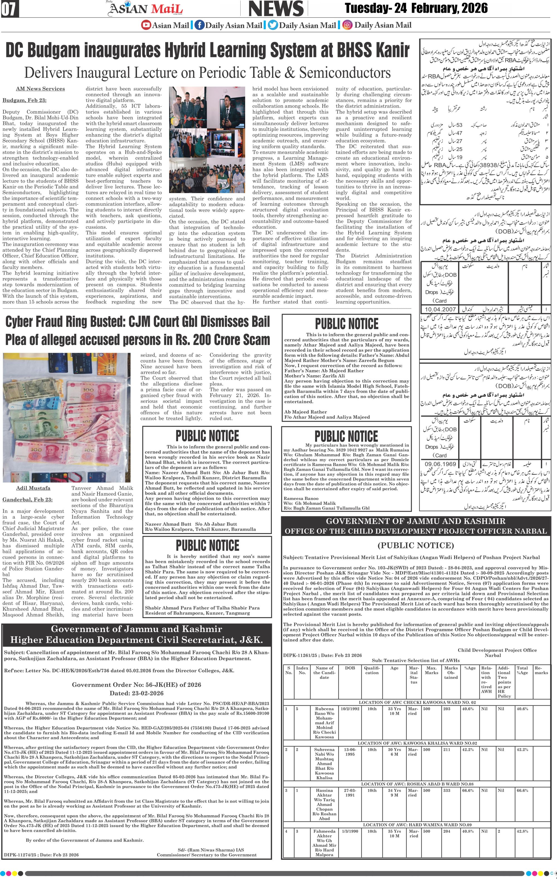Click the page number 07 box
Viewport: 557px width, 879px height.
(x=10, y=9)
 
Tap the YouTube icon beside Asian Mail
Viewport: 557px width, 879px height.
(x=146, y=25)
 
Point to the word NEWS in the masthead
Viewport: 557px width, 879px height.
(x=276, y=9)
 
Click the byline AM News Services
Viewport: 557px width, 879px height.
(x=40, y=89)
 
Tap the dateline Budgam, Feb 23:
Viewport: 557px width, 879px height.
(x=25, y=100)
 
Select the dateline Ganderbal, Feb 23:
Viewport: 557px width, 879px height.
(x=27, y=499)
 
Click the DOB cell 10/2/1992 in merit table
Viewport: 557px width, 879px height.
(x=350, y=709)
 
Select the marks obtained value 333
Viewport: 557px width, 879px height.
(x=447, y=790)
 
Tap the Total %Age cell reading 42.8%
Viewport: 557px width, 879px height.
(x=522, y=831)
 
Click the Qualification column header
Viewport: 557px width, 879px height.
(x=372, y=670)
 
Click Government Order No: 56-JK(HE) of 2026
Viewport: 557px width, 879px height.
(x=136, y=685)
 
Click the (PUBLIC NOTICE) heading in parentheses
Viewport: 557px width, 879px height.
(x=416, y=545)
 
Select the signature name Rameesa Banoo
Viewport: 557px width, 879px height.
(x=301, y=498)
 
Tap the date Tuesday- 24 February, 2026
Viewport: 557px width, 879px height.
(x=416, y=8)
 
